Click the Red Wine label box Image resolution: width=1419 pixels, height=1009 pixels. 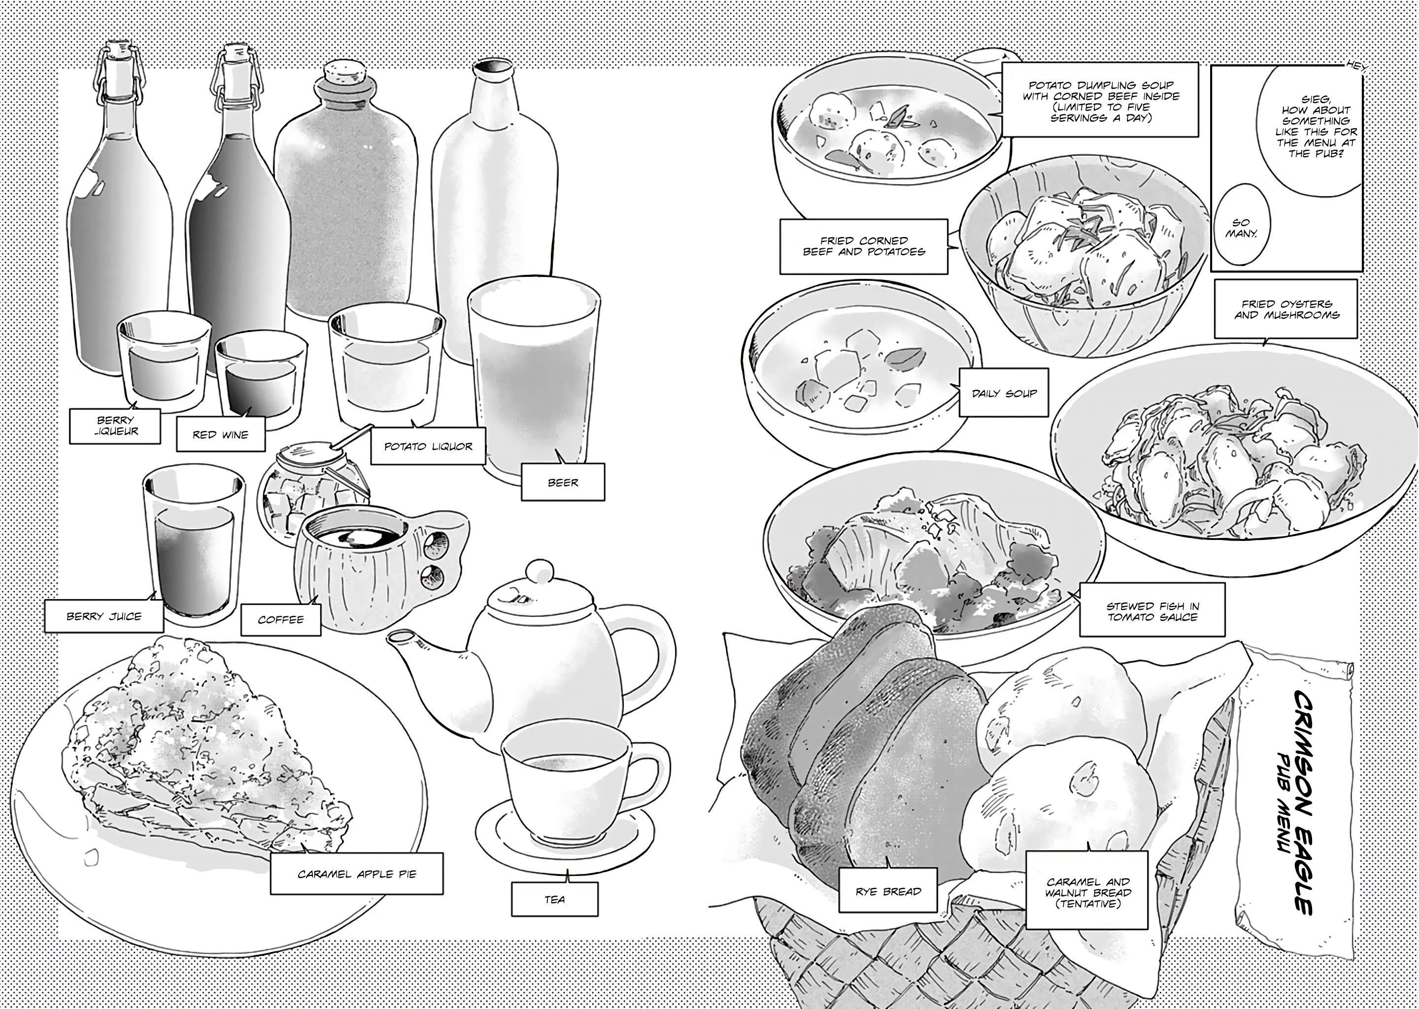coord(221,433)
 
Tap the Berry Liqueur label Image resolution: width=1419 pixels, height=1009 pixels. coord(115,426)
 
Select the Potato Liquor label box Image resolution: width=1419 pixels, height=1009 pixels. coord(428,445)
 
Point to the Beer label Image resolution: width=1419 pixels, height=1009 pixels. coord(563,481)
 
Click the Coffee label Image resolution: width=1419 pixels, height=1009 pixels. coord(281,619)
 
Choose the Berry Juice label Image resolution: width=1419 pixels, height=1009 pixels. coord(104,616)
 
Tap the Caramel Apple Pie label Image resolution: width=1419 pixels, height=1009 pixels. coord(357,874)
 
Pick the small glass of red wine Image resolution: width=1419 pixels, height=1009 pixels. coord(261,379)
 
